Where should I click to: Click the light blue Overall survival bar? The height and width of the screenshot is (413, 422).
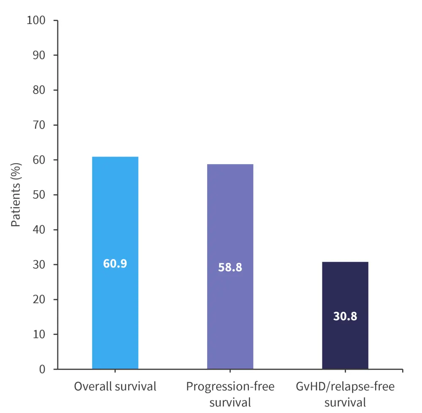115,211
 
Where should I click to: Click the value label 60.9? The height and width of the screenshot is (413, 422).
115,264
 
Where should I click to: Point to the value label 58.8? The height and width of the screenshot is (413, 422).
230,267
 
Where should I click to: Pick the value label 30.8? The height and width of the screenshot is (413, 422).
345,316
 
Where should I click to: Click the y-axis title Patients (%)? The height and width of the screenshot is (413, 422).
16,195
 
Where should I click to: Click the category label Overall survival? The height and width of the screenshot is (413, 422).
115,386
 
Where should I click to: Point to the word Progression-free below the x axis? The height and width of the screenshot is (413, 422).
230,386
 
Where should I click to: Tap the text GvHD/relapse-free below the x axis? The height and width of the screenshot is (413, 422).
345,386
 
